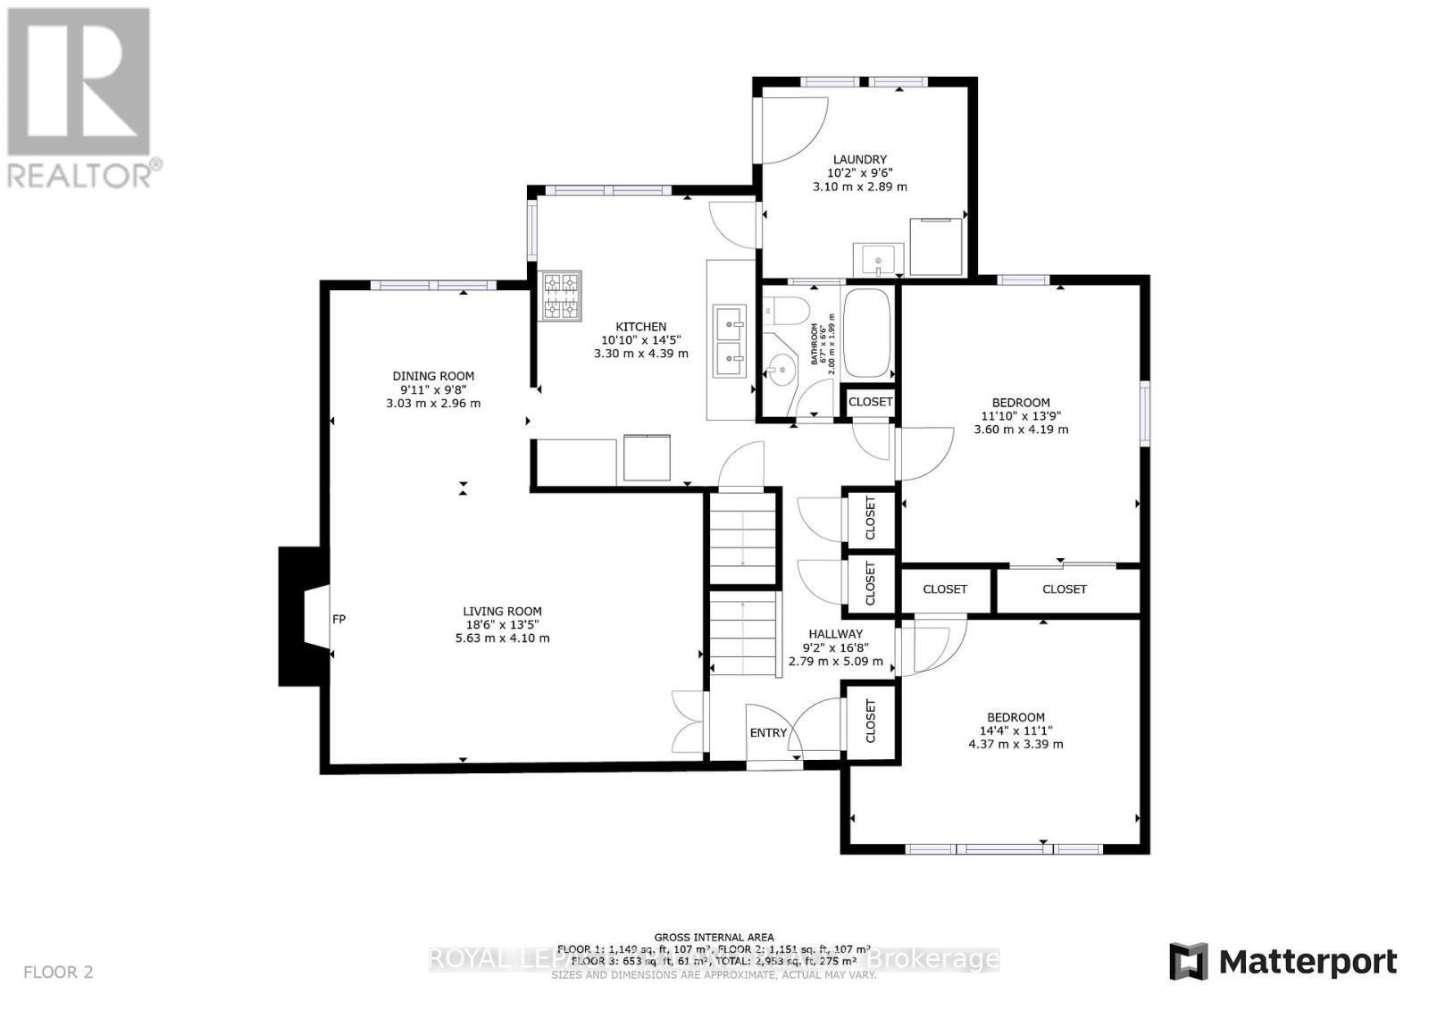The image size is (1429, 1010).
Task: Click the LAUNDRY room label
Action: (859, 159)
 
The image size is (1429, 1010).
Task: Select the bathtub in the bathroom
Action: (867, 334)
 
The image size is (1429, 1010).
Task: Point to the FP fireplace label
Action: (339, 619)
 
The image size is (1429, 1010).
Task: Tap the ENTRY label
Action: (768, 733)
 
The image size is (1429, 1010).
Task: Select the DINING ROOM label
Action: (433, 376)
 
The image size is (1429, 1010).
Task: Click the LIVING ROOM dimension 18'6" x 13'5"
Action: (502, 625)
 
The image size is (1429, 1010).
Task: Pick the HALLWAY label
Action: (835, 634)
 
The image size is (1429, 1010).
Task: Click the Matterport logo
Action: (1283, 962)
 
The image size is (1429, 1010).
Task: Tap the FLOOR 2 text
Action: (58, 972)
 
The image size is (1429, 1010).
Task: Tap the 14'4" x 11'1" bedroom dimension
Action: (1015, 730)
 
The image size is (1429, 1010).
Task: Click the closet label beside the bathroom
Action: (870, 402)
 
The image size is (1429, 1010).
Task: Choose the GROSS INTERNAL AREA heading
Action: (714, 937)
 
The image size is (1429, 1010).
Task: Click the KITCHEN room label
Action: (640, 327)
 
